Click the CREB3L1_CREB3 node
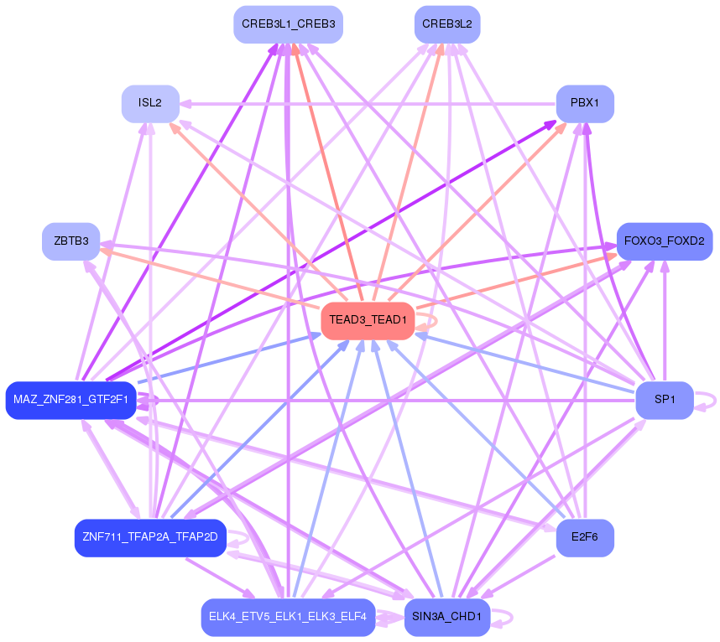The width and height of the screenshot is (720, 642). click(x=288, y=24)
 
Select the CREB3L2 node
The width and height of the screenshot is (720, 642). click(x=447, y=24)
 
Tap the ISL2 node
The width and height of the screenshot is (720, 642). click(x=150, y=103)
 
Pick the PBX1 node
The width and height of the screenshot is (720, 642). click(x=584, y=103)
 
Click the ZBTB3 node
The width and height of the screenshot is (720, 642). click(x=71, y=241)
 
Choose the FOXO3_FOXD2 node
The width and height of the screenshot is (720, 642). click(x=664, y=241)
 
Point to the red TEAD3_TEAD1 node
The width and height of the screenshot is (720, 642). click(x=368, y=320)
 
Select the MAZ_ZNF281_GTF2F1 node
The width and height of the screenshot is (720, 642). click(x=70, y=399)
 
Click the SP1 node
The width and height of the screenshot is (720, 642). click(x=665, y=399)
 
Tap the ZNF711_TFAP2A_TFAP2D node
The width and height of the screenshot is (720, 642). click(x=150, y=537)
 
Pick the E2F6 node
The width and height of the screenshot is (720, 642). click(x=585, y=537)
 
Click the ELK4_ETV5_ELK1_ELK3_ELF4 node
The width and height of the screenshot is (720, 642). click(x=288, y=617)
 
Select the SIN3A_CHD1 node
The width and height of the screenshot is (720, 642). click(x=446, y=617)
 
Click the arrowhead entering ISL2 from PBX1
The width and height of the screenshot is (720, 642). click(x=186, y=103)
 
